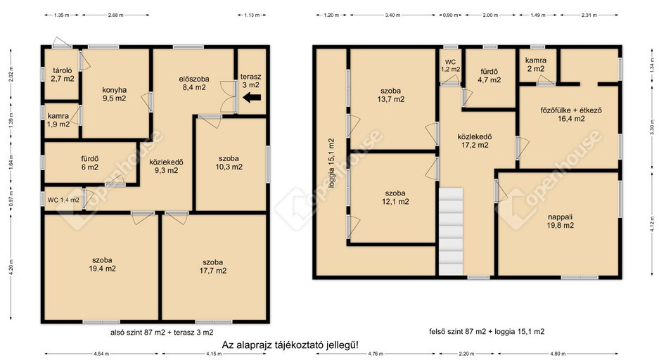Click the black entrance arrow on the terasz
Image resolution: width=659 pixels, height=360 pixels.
click(252, 98)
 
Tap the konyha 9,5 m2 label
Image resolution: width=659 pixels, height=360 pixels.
click(115, 94)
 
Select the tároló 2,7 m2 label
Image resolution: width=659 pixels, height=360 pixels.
click(63, 75)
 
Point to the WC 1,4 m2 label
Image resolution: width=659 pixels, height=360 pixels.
click(63, 200)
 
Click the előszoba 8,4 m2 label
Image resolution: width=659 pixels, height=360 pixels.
click(193, 83)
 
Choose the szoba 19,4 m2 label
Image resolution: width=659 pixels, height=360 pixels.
click(102, 264)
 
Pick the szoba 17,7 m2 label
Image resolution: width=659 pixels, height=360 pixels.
click(212, 266)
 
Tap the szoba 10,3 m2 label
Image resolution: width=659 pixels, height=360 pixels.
click(229, 162)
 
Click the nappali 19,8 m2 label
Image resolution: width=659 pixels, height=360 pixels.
click(561, 221)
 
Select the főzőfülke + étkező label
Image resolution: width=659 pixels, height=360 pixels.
click(571, 110)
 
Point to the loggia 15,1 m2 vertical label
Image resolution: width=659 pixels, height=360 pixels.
click(331, 163)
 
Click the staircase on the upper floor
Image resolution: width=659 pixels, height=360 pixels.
click(451, 231)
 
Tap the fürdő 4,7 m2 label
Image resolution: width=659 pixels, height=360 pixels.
click(490, 76)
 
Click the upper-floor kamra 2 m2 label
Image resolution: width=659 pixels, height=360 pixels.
click(536, 65)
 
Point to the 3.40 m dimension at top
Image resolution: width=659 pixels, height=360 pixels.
click(392, 15)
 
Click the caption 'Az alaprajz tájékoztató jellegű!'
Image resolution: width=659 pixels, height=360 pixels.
click(290, 345)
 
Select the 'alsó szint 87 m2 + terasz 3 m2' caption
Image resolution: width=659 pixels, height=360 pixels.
click(162, 333)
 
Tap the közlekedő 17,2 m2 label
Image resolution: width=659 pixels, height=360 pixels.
click(475, 141)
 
